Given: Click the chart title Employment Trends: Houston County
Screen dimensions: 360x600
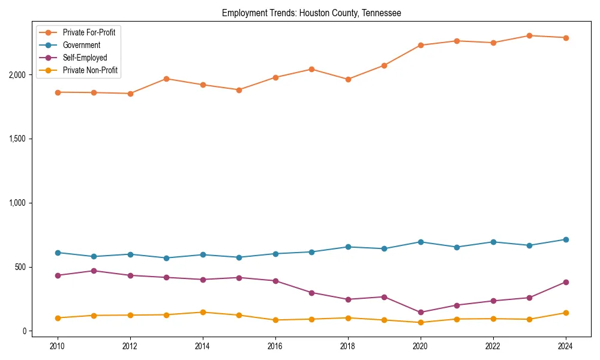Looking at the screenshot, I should [x=311, y=13].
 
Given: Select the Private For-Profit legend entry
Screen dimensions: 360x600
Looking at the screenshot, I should [x=89, y=32].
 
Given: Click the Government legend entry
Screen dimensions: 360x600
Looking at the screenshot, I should [x=81, y=45].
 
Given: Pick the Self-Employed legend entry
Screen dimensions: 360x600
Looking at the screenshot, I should [x=85, y=58].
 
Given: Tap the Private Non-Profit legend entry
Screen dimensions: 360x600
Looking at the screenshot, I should [x=90, y=70].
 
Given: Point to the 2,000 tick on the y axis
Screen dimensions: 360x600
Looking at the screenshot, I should [x=17, y=75].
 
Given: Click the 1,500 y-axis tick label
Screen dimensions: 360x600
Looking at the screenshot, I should [x=17, y=139].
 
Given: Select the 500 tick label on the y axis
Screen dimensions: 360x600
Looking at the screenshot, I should [x=21, y=267].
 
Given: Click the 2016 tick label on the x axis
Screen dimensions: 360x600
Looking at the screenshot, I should [x=275, y=346].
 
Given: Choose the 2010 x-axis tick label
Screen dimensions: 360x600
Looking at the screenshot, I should [x=58, y=346].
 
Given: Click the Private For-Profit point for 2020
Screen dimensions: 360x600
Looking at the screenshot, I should [x=421, y=45].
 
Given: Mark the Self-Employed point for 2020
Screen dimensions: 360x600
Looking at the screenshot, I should [x=421, y=312].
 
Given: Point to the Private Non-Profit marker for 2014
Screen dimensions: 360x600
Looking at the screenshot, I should [x=203, y=312].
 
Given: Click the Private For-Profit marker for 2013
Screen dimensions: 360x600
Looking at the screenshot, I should [x=166, y=79].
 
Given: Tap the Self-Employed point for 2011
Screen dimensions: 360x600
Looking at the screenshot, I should [x=94, y=271].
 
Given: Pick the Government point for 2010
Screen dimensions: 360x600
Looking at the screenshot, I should [x=58, y=253].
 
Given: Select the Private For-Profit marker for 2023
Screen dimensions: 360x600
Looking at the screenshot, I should [x=529, y=35].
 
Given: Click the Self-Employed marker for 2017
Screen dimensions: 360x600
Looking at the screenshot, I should [x=311, y=293].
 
